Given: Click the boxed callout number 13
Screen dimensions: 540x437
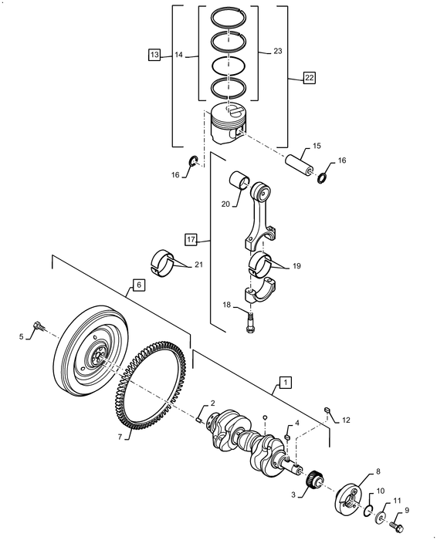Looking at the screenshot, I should point(154,55).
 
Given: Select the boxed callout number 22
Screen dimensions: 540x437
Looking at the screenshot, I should point(309,78).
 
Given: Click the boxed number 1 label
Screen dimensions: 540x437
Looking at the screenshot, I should point(285,382).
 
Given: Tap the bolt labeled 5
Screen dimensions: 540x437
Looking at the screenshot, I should point(36,329).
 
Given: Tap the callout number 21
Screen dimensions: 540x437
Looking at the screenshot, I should point(198,265).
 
